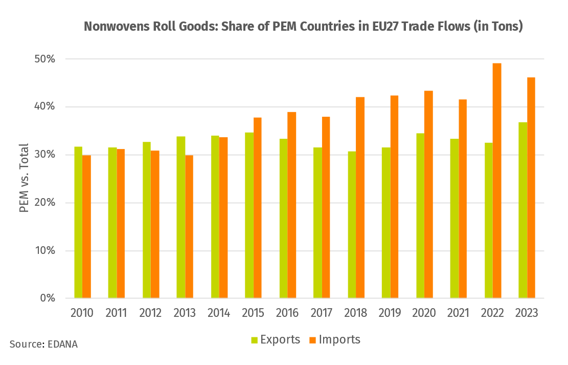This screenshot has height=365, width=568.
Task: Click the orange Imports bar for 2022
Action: pos(497,180)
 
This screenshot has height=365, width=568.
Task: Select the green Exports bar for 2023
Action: pos(522,210)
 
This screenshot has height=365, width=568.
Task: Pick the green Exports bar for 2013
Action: pos(181,217)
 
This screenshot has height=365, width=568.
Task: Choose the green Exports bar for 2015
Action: pos(249,215)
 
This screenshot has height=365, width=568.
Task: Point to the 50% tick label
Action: pos(44,59)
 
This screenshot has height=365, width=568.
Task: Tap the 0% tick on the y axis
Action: pos(48,298)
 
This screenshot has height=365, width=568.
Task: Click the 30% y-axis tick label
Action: pos(44,155)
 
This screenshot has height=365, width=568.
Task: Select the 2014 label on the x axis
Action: pos(219,313)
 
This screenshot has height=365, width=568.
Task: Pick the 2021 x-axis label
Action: pos(459,313)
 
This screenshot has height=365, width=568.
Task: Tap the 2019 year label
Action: pos(390,313)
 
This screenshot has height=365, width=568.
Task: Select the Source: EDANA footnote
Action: pos(43,345)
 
